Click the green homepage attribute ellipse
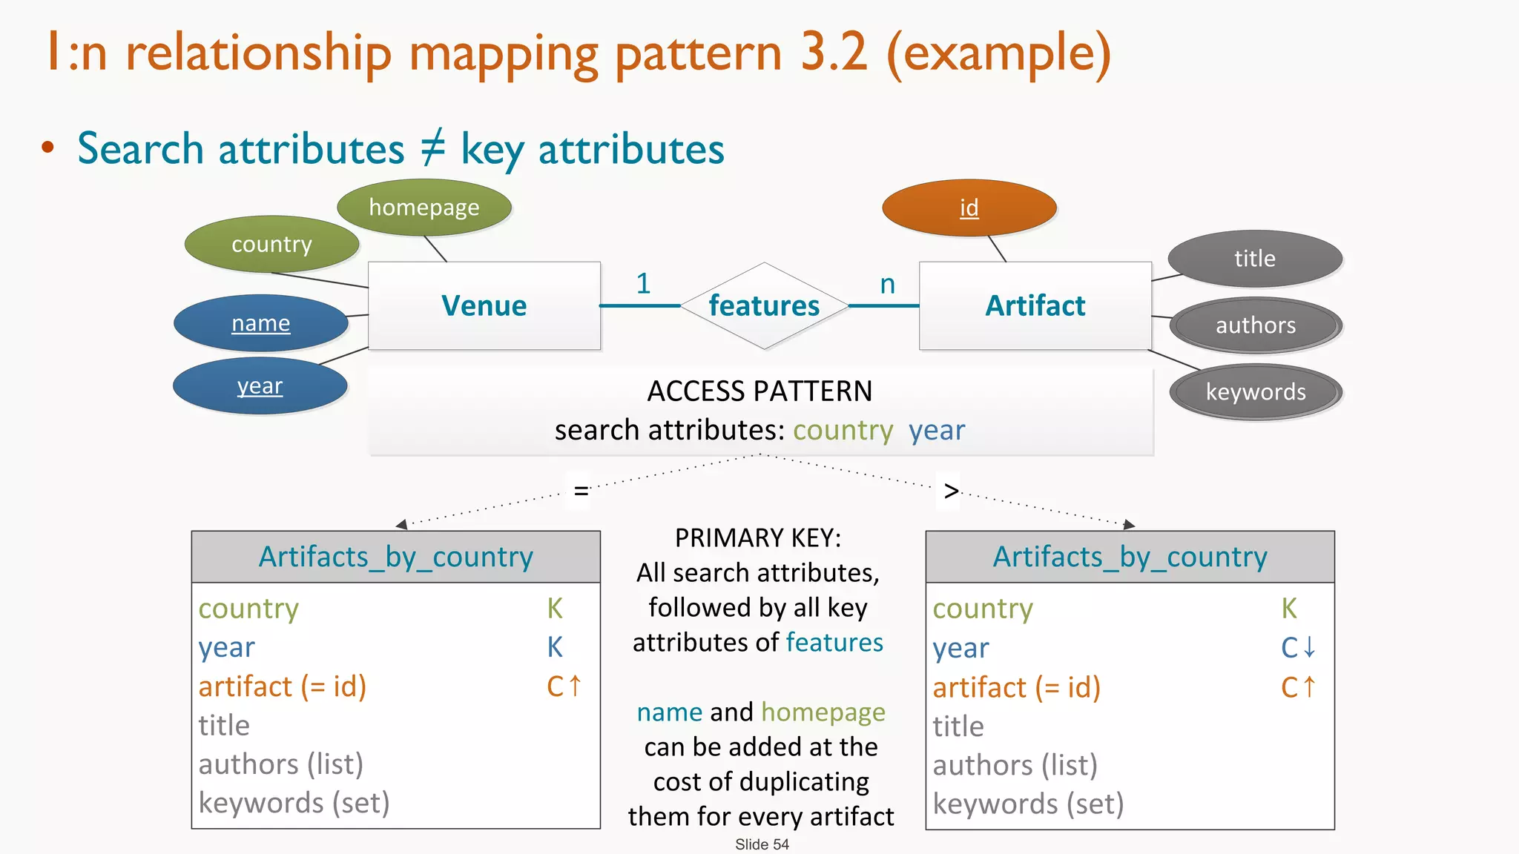(x=424, y=208)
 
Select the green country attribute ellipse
(x=271, y=244)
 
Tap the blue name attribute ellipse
(x=260, y=323)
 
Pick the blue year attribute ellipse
(x=260, y=386)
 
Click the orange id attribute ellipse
(x=969, y=208)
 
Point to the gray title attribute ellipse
(x=1254, y=259)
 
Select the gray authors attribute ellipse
(x=1255, y=325)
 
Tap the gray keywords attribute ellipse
(x=1255, y=392)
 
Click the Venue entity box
(x=484, y=305)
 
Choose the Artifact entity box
(x=1035, y=305)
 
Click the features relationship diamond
(x=764, y=305)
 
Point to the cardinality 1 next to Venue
(x=643, y=283)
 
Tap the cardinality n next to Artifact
(x=887, y=284)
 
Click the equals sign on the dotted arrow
(x=581, y=491)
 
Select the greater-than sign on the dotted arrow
(x=951, y=491)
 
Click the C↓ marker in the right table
(x=1298, y=648)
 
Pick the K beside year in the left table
(x=555, y=647)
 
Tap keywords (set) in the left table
(x=294, y=803)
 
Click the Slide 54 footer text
(x=762, y=844)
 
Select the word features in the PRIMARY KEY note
(x=834, y=642)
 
